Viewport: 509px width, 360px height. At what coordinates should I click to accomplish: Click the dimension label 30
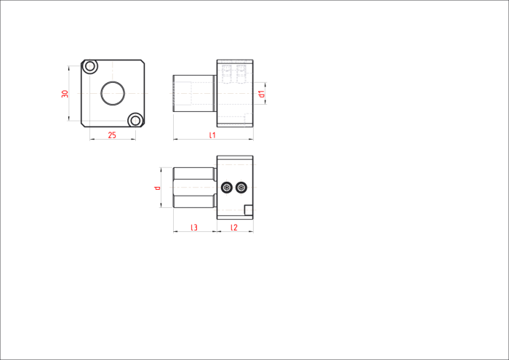pyautogui.click(x=65, y=94)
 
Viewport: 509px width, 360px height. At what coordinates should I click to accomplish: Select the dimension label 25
pyautogui.click(x=112, y=135)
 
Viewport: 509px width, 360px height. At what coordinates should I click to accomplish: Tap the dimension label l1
pyautogui.click(x=212, y=135)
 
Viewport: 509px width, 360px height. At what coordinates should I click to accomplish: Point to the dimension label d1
pyautogui.click(x=262, y=94)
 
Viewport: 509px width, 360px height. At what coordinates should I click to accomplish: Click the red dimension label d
pyautogui.click(x=158, y=188)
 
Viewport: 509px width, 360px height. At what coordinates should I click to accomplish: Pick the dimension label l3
pyautogui.click(x=194, y=228)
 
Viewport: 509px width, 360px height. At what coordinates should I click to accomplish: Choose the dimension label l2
pyautogui.click(x=234, y=228)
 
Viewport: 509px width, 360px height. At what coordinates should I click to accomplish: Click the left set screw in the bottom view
pyautogui.click(x=227, y=188)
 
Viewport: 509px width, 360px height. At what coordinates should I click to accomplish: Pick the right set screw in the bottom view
pyautogui.click(x=241, y=188)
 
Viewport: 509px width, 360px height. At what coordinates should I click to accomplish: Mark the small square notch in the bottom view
pyautogui.click(x=249, y=210)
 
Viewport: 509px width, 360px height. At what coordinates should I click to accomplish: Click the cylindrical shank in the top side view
pyautogui.click(x=194, y=94)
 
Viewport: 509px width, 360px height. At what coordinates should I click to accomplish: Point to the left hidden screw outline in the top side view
pyautogui.click(x=227, y=74)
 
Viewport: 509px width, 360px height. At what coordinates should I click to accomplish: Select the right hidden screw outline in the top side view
pyautogui.click(x=241, y=74)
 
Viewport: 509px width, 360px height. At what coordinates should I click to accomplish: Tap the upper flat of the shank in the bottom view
pyautogui.click(x=194, y=174)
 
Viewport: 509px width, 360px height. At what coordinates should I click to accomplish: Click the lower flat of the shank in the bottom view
pyautogui.click(x=194, y=201)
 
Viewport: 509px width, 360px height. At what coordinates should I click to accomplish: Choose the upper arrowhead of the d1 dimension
pyautogui.click(x=265, y=84)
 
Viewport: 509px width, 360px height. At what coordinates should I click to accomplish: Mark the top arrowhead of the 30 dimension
pyautogui.click(x=69, y=68)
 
